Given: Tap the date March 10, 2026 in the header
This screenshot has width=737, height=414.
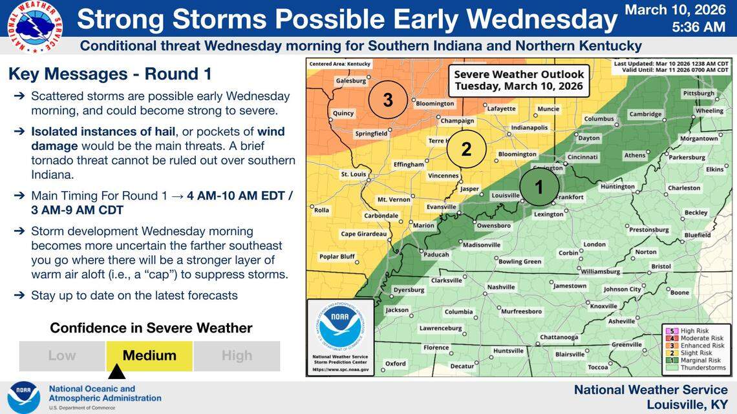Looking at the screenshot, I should point(675,10).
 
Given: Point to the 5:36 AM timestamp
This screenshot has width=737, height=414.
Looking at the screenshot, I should point(698,27).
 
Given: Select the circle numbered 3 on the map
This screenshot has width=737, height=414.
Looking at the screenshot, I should point(388,100).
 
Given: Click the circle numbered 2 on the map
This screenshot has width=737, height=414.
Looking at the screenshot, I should point(466,149).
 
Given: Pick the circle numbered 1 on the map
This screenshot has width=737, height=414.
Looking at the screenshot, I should point(539,187).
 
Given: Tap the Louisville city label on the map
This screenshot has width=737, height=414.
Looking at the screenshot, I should point(506,195).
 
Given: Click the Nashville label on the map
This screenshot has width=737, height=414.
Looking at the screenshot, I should point(500,287).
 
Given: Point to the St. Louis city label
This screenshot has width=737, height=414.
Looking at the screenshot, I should point(354,174).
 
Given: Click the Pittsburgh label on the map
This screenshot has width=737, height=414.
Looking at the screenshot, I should point(698,94).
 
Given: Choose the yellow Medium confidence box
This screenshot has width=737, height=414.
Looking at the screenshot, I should point(149,356).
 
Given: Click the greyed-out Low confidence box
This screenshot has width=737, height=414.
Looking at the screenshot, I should point(62,356).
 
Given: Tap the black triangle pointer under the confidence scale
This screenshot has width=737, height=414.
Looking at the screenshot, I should point(116,373).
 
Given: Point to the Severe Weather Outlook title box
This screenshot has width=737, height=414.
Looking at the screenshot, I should point(518,79).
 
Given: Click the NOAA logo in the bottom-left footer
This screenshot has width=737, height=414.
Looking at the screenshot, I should point(24,397).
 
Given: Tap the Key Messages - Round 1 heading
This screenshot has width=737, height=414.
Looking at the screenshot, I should point(110,74).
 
